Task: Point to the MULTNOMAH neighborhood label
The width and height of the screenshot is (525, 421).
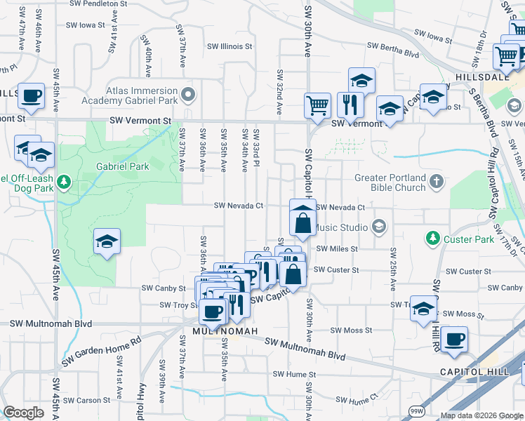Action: click(x=222, y=330)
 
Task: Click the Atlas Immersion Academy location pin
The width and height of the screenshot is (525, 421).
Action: click(x=187, y=94)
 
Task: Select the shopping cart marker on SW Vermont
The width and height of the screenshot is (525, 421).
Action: click(x=317, y=105)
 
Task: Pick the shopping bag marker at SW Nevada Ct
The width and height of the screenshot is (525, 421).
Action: click(x=303, y=222)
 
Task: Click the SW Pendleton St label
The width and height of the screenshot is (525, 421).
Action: click(x=100, y=4)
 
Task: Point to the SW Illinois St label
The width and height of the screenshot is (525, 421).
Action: click(x=229, y=46)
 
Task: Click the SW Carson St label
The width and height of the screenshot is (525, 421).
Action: click(x=99, y=401)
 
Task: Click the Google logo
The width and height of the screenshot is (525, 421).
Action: click(x=24, y=413)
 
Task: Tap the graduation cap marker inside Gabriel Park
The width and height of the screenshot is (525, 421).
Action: click(x=107, y=241)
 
